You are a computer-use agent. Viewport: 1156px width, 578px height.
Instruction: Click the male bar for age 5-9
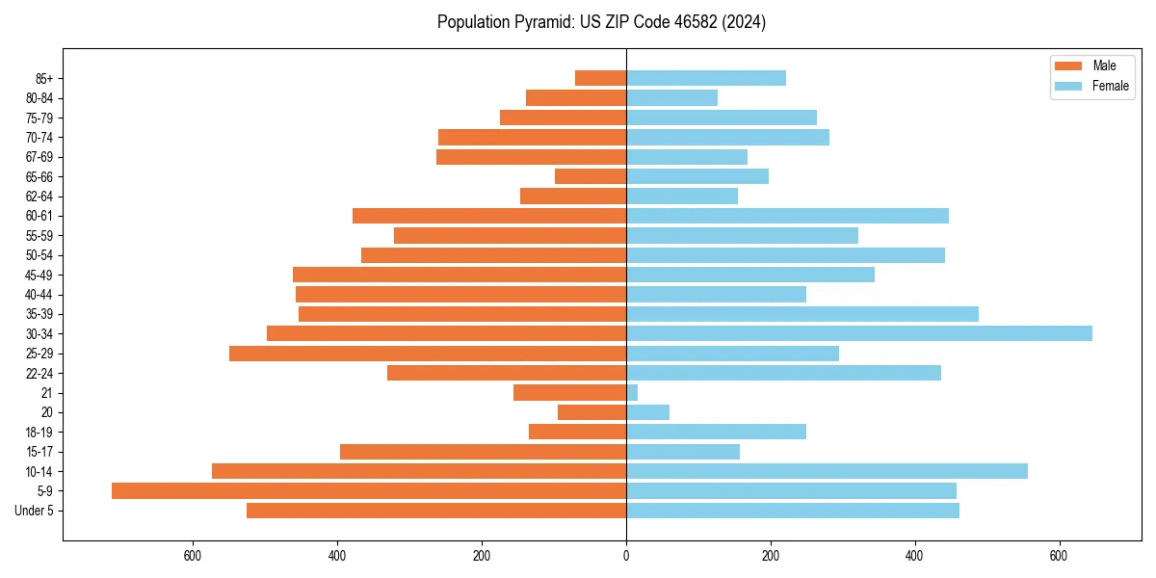coord(369,490)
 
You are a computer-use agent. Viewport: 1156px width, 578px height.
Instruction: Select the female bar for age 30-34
coord(859,333)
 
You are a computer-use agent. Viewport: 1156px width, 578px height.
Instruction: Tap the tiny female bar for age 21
coord(632,392)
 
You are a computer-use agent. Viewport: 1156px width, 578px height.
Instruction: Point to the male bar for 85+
coord(601,78)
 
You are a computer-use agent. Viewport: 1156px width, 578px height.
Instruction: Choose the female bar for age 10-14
coord(827,471)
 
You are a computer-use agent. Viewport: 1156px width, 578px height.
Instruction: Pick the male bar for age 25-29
coord(428,354)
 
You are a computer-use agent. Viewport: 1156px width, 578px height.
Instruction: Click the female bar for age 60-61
coord(787,216)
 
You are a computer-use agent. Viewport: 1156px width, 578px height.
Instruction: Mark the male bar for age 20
coord(592,412)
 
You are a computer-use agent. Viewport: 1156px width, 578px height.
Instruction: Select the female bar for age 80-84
coord(671,97)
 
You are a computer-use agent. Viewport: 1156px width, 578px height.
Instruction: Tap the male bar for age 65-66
coord(591,176)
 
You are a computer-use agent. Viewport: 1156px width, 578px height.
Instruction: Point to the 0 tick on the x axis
coord(626,556)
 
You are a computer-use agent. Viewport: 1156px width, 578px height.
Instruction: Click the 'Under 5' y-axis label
coord(34,511)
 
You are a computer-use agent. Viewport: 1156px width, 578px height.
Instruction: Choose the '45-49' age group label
coord(39,275)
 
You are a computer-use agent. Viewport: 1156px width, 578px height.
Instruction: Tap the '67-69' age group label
coord(39,157)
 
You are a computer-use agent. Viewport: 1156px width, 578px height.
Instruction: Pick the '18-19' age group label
coord(39,432)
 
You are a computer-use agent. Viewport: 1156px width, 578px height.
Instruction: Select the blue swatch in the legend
coord(1069,86)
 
